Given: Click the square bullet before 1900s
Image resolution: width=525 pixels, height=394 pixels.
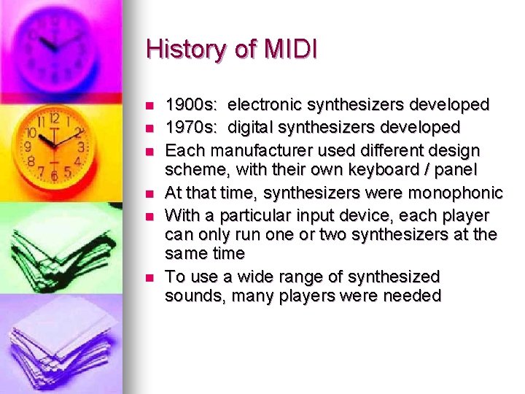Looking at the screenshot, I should tap(150, 106).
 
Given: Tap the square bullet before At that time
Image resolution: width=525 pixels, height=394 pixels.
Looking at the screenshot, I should tap(150, 193).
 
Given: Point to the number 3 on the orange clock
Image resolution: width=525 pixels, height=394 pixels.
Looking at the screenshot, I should tap(81, 147).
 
